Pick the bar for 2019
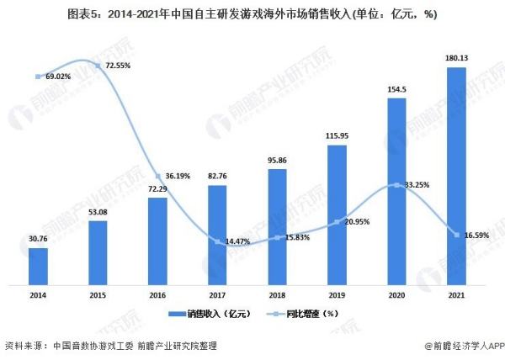337,214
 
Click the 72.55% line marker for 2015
98,65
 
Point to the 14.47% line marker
217,242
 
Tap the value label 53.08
98,212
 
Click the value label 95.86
277,161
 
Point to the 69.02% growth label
57,77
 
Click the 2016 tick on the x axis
157,295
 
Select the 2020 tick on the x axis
396,295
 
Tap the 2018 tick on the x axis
277,295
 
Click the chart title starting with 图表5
252,14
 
